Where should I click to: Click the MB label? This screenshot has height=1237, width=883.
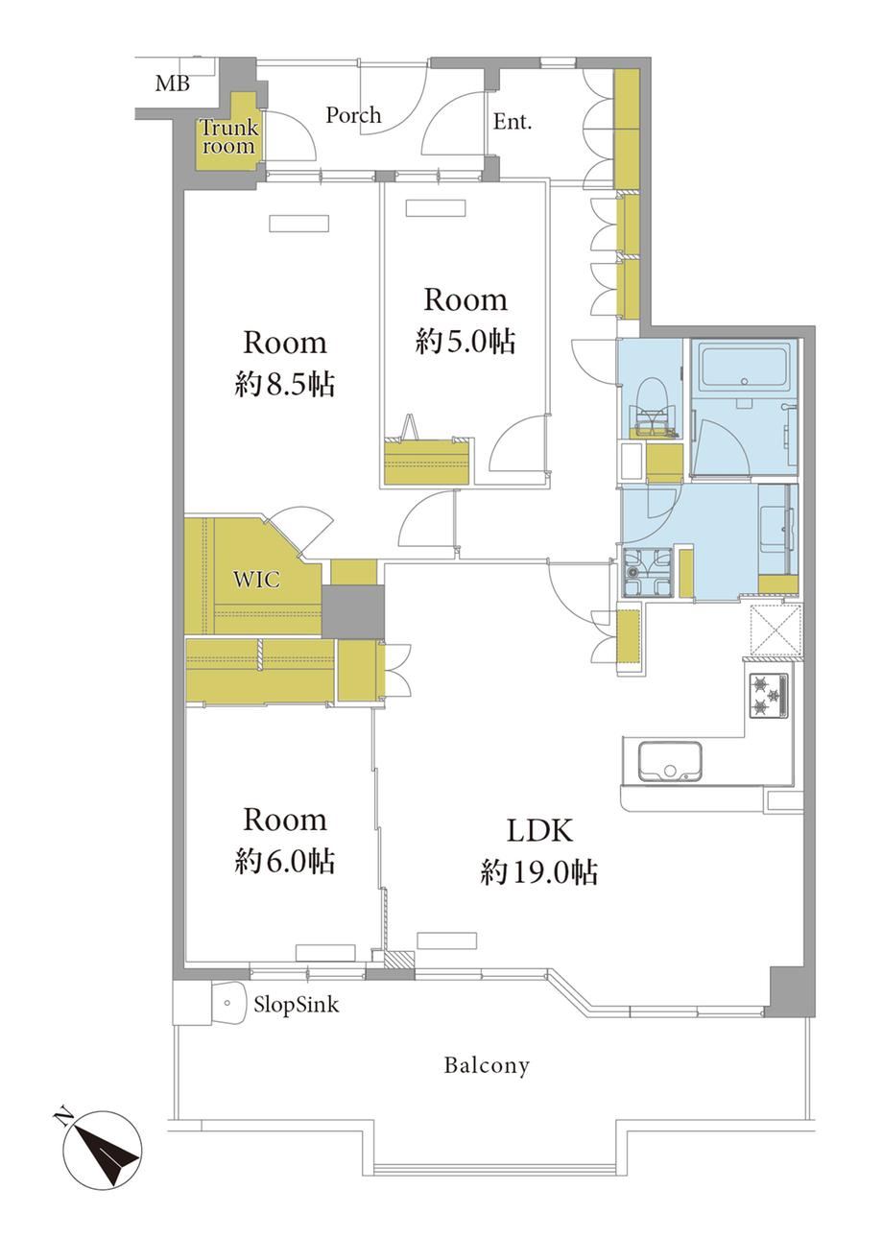coord(173,83)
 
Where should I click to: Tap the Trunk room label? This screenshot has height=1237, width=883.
coord(228,136)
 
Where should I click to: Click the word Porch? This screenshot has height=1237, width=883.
coord(353,115)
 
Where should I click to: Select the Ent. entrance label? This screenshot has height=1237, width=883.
coord(512,122)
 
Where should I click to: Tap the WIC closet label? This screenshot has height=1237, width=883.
coord(256,580)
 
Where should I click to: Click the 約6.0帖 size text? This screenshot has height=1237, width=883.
coord(284,861)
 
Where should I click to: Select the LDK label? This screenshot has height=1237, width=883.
coord(539,830)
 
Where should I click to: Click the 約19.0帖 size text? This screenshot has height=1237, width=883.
coord(539,873)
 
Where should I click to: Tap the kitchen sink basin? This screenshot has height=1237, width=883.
coord(670,762)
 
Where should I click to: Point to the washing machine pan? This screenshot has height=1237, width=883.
coord(648,573)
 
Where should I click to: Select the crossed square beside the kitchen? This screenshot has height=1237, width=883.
coord(776,630)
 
